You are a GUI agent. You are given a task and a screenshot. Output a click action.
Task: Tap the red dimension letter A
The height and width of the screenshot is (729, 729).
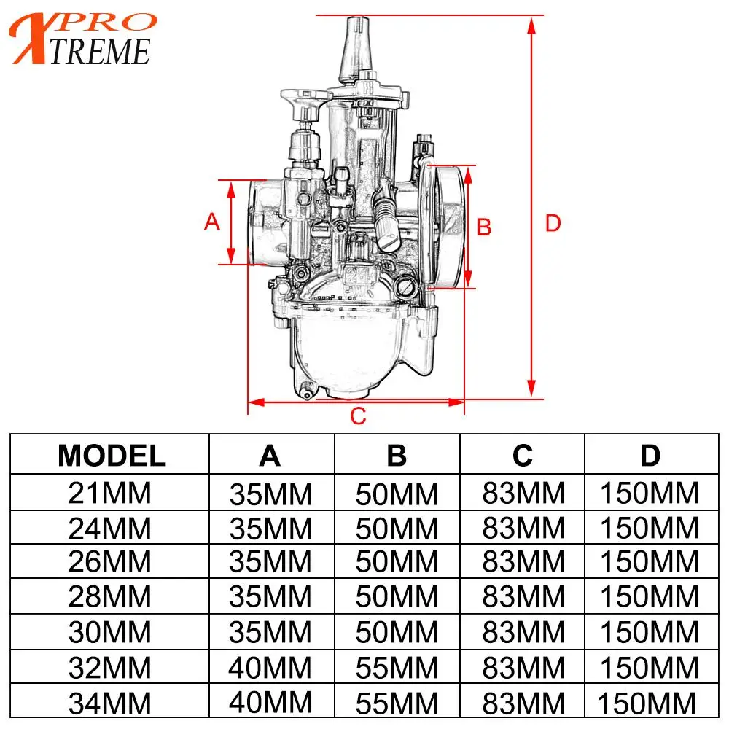click(x=212, y=222)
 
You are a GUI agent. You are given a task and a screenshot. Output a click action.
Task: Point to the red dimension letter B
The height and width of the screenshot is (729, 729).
click(x=484, y=227)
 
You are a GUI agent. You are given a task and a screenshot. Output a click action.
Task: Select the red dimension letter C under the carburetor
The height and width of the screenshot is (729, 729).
click(x=357, y=417)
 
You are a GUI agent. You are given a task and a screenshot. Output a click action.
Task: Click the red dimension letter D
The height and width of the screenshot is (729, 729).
click(x=553, y=224)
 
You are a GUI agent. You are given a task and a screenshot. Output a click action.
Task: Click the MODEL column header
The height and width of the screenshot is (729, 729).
click(x=112, y=456)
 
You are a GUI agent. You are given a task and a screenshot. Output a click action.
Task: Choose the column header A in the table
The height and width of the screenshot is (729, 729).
click(x=270, y=456)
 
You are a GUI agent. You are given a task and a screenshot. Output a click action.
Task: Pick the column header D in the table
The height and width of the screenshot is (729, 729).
click(x=650, y=456)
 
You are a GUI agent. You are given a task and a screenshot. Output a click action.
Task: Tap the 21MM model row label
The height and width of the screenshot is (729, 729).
click(x=109, y=494)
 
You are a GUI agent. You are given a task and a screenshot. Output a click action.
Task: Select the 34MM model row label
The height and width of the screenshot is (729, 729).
click(x=109, y=703)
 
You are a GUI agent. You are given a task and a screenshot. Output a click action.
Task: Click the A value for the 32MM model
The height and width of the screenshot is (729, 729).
click(x=270, y=668)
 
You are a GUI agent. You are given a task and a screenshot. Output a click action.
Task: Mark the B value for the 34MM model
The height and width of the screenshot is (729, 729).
click(x=397, y=703)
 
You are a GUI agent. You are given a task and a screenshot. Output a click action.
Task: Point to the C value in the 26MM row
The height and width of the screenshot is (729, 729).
click(x=523, y=563)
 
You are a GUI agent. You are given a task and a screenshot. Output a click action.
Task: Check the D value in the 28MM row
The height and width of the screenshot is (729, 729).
click(x=649, y=598)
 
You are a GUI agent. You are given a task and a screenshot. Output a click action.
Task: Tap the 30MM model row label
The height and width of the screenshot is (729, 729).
click(x=109, y=633)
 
